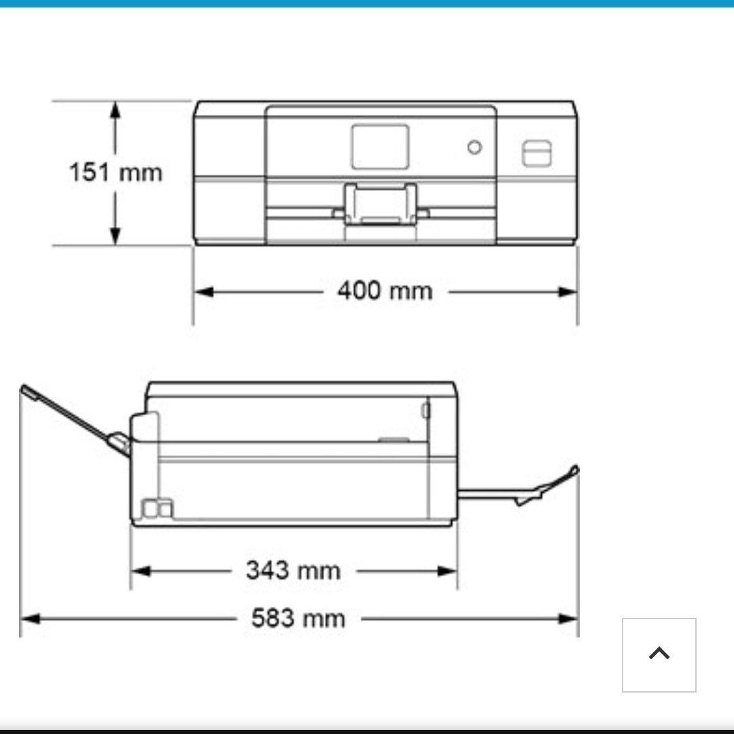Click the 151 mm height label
[116, 172]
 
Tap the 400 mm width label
[385, 291]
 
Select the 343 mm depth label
[294, 570]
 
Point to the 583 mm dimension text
[298, 618]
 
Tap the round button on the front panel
[474, 147]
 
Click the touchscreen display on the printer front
[380, 147]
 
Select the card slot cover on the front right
[536, 153]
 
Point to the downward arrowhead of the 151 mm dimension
[115, 236]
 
